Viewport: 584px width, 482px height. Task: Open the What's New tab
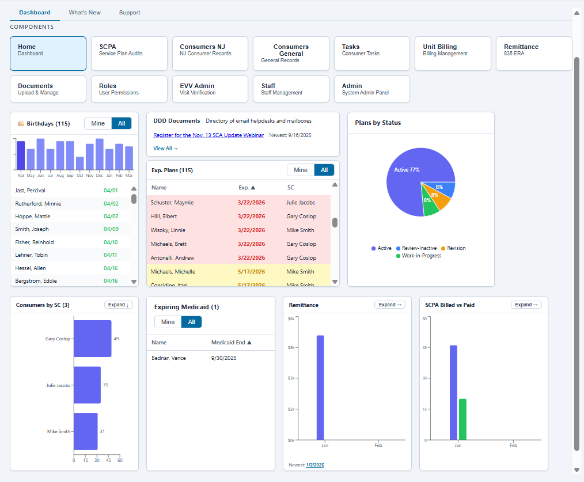tap(85, 13)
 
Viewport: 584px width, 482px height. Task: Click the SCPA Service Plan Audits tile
tap(129, 54)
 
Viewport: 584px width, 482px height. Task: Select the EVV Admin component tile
tap(210, 89)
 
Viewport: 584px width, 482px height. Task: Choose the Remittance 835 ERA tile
tap(533, 54)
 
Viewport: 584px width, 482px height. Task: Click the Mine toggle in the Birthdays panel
tap(98, 123)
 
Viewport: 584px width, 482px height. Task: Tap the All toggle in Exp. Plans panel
tap(324, 170)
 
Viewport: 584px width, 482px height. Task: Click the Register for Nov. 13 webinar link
tap(208, 135)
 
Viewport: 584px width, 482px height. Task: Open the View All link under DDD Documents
tap(165, 149)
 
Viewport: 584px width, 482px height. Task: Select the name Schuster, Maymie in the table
tap(172, 203)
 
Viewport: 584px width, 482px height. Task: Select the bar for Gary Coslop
tap(92, 339)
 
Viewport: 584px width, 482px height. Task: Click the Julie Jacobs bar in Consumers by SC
tap(87, 385)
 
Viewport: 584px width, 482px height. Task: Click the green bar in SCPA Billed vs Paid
tap(462, 419)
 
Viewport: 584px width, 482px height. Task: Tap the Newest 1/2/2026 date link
tap(315, 465)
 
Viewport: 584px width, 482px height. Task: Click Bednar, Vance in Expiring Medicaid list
tap(169, 358)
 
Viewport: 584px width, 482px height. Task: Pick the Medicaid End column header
tap(232, 343)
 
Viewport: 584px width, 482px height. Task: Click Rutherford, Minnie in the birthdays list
tap(38, 204)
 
